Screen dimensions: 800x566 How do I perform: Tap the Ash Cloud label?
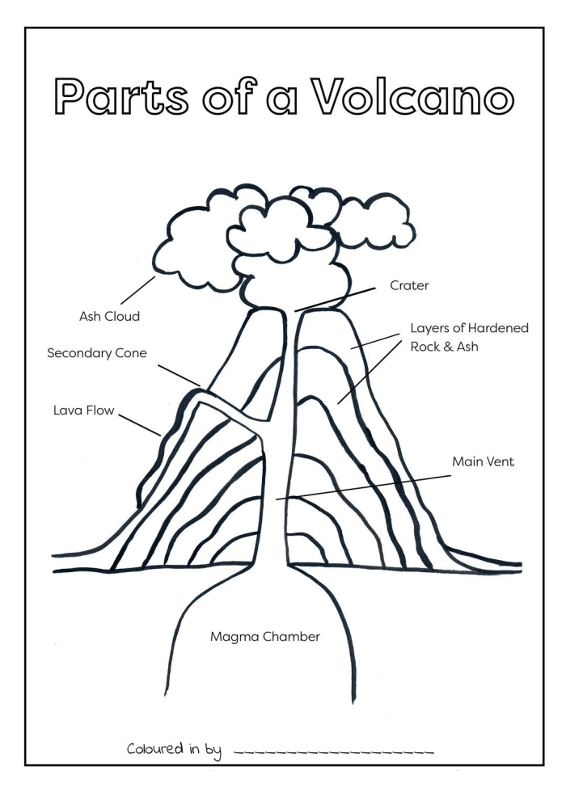tap(109, 317)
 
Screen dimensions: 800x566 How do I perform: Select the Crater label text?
tap(409, 285)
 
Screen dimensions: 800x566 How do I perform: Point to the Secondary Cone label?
tap(97, 353)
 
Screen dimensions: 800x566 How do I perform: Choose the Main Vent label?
tap(483, 462)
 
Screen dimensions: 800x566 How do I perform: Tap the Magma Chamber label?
tap(265, 637)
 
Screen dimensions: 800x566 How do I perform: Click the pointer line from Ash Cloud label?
tap(138, 290)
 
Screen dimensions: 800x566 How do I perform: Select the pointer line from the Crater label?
tap(335, 298)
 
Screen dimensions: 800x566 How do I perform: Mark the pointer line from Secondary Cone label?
tap(179, 374)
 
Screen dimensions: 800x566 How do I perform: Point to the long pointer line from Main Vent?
tap(364, 487)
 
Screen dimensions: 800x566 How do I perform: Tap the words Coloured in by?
tap(174, 748)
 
